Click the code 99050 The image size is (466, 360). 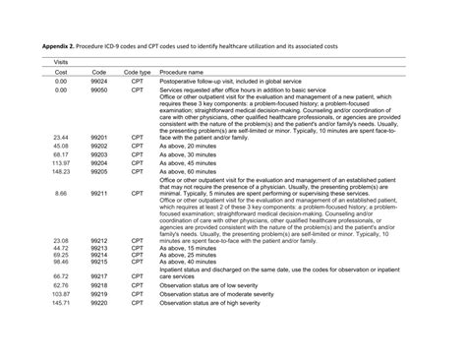point(99,90)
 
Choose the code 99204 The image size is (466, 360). point(99,161)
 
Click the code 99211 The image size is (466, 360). point(99,193)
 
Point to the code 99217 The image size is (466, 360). point(99,277)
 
